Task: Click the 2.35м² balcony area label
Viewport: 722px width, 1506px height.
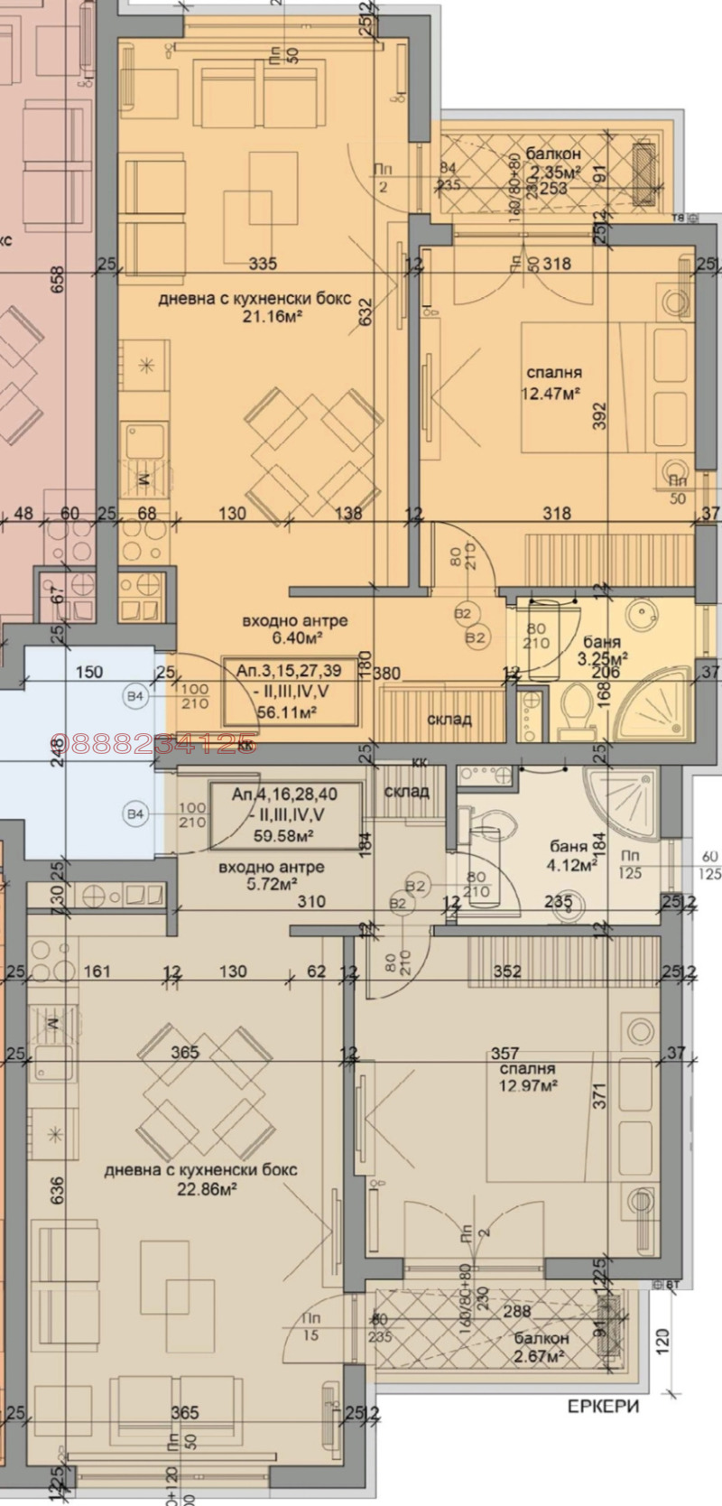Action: coord(554,172)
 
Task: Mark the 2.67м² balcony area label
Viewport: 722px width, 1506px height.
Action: coord(538,1356)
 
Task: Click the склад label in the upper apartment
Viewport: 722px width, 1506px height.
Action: coord(449,719)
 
